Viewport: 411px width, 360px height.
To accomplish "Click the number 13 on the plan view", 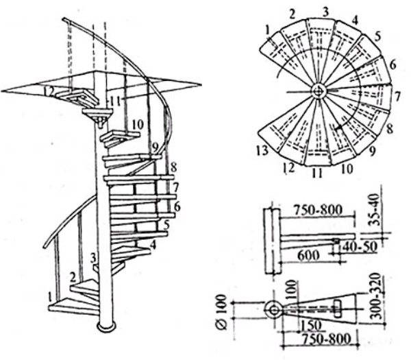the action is point(262,151).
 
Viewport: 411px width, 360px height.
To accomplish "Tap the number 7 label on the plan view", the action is point(397,97).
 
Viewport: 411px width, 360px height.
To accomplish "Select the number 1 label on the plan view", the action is point(267,30).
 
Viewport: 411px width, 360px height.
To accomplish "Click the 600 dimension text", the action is point(308,255).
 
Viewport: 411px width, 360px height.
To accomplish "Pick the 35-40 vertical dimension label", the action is point(374,210).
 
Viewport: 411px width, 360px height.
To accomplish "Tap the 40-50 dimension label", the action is point(358,247).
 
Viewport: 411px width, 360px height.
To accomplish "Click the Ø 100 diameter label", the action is point(222,312).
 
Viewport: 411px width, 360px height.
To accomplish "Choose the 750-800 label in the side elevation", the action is point(318,210).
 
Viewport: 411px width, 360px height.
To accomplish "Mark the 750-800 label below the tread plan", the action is point(326,339).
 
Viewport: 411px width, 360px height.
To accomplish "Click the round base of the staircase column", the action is point(106,326).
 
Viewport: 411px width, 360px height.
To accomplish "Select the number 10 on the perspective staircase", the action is point(138,124).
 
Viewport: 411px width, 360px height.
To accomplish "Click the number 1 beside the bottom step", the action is point(50,298).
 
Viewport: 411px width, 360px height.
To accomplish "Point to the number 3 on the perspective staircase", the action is point(94,258).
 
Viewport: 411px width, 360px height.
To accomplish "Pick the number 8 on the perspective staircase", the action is point(173,167).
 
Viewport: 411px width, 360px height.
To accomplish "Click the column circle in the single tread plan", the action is point(274,311).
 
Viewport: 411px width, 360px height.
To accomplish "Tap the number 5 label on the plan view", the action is point(377,37).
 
